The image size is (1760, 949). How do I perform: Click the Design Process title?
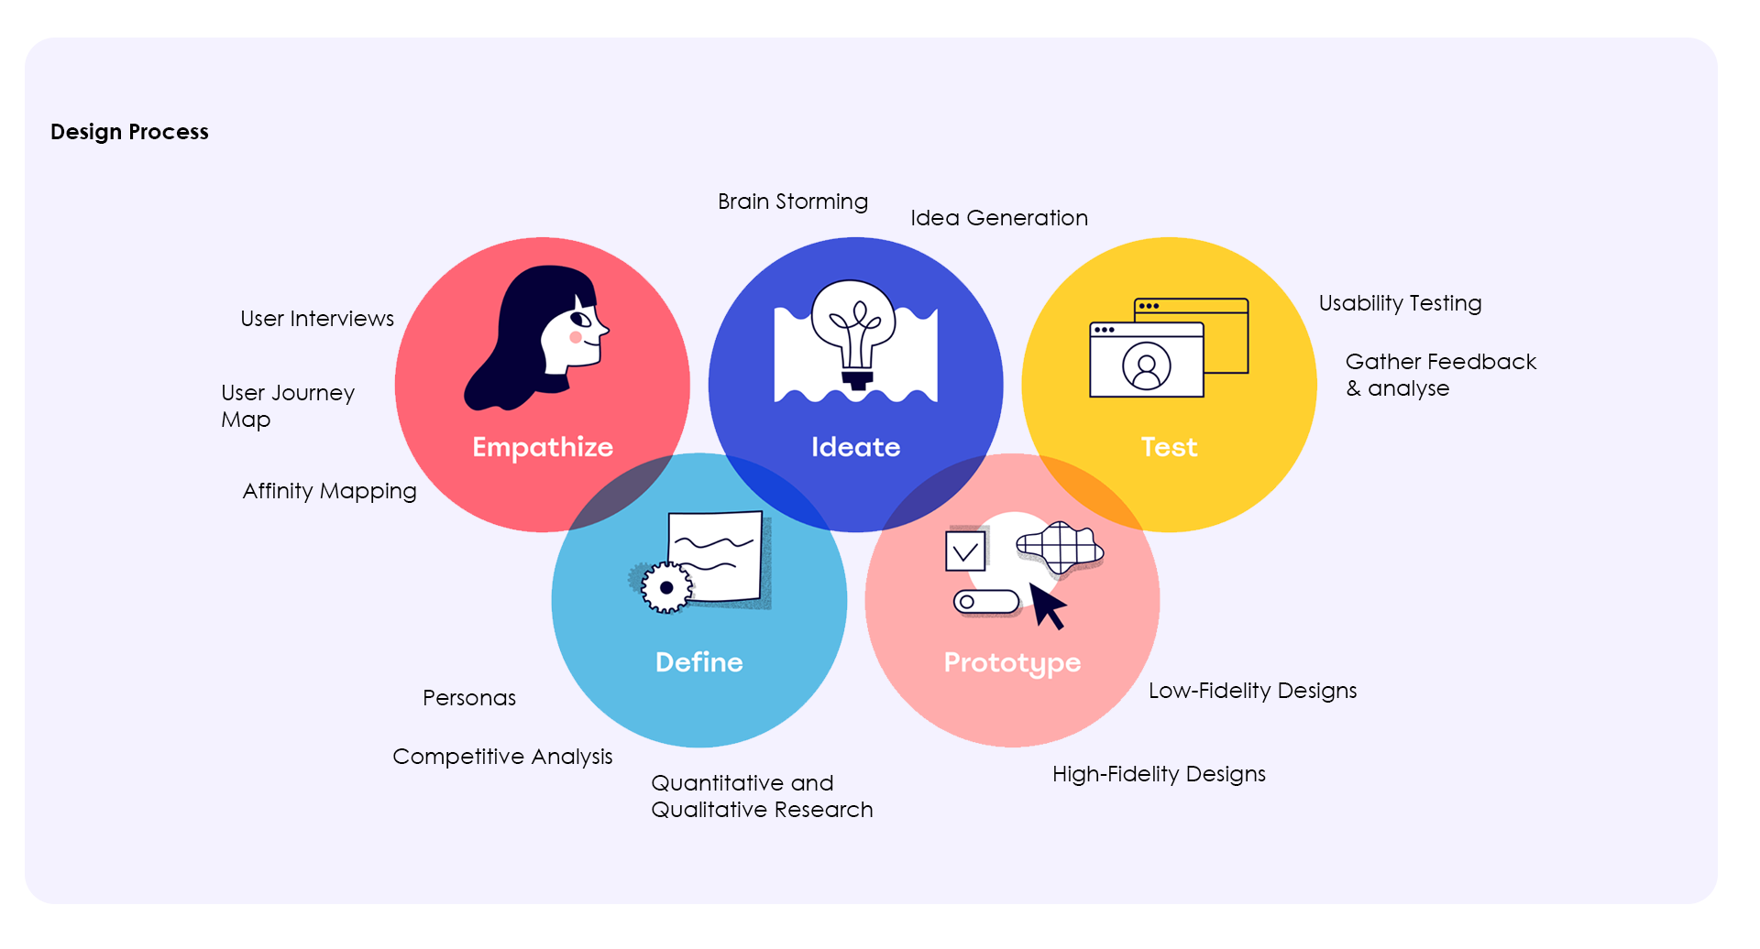(x=129, y=132)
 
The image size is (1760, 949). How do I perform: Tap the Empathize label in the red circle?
(x=543, y=447)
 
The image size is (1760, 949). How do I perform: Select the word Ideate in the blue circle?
(x=855, y=447)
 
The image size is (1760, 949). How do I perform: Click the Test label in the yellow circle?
(x=1169, y=447)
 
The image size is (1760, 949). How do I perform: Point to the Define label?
(x=698, y=662)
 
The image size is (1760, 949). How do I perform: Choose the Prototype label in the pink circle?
(x=1012, y=662)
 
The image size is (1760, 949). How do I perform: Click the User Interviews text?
(x=317, y=319)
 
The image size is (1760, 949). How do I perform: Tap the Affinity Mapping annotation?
(x=329, y=491)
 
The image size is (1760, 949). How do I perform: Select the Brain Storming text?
(x=793, y=202)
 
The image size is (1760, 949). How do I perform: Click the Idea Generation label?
(x=999, y=218)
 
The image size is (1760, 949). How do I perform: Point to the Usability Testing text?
(x=1400, y=303)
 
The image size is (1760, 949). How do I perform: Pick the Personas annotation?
(x=469, y=698)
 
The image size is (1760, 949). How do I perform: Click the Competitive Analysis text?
(x=502, y=757)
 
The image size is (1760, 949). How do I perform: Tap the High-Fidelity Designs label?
(x=1159, y=774)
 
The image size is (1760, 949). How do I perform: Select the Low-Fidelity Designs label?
(x=1252, y=691)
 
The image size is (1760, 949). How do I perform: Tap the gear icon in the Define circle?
(x=666, y=588)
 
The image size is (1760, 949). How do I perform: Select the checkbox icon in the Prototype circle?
(x=965, y=551)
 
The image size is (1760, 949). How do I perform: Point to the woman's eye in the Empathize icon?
(x=580, y=320)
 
